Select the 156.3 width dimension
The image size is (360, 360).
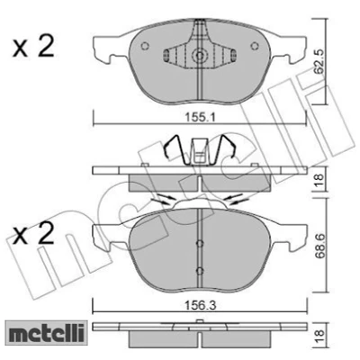point(200,306)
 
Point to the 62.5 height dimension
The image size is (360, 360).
point(319,62)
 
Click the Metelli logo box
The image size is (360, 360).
point(46,332)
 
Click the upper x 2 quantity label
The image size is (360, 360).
point(33,46)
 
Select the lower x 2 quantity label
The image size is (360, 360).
point(33,233)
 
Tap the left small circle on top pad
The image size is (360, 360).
point(145,46)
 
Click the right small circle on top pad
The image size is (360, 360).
point(255,46)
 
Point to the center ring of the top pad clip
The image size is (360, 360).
point(199,55)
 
